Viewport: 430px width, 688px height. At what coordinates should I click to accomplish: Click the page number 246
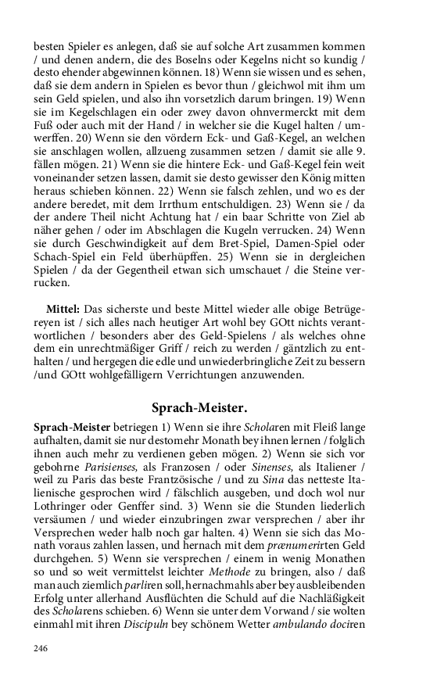tap(41, 648)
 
